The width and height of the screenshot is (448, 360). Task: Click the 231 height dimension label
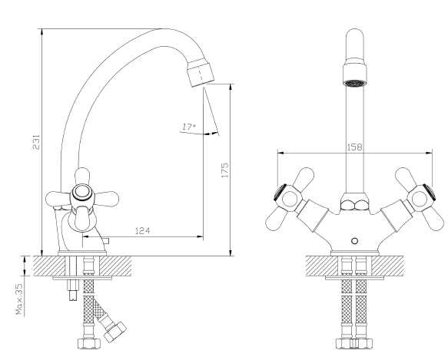[37, 142]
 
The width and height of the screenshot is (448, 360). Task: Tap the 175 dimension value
[225, 170]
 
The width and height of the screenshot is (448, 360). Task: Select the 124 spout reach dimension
[142, 230]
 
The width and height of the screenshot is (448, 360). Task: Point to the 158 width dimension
[354, 147]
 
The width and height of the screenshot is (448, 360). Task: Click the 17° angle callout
[189, 127]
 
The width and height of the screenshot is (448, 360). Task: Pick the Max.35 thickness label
[19, 299]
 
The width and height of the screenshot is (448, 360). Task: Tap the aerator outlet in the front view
[354, 83]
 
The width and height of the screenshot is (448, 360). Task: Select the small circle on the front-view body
[354, 241]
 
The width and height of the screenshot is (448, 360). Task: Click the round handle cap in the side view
[82, 193]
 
